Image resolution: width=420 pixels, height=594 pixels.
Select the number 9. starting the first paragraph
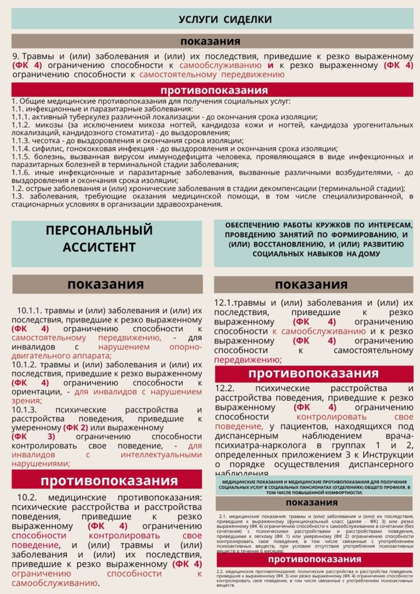[16, 57]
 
